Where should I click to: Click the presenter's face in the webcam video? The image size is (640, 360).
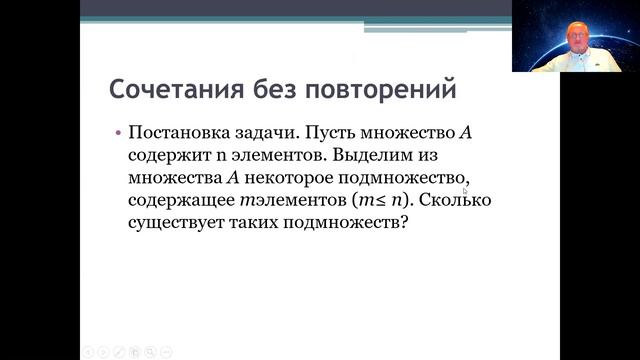(577, 35)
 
